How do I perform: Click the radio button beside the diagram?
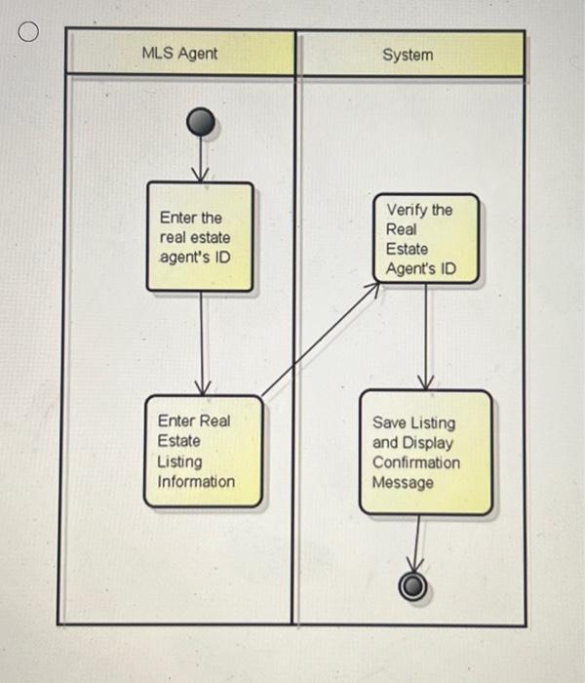click(x=28, y=34)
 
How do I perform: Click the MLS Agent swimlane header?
click(x=179, y=54)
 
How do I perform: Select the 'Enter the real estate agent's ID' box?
click(x=200, y=237)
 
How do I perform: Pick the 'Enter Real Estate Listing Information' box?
click(x=203, y=452)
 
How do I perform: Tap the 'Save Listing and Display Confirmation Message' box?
click(x=424, y=453)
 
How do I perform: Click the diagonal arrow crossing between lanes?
click(x=320, y=341)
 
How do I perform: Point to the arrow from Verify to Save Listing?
click(x=426, y=337)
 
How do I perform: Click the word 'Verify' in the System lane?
click(x=407, y=210)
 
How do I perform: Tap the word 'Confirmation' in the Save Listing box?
click(x=416, y=462)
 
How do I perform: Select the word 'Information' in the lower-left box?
click(x=196, y=481)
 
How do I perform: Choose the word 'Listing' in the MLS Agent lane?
click(x=179, y=462)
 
